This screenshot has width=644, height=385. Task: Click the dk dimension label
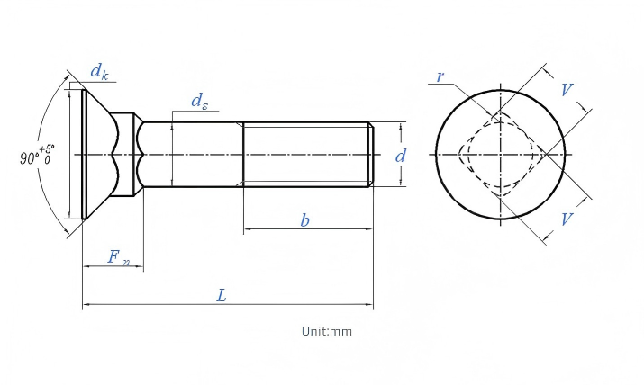coord(99,72)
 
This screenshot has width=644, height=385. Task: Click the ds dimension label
coord(200,101)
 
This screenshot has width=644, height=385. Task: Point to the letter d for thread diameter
coord(401,156)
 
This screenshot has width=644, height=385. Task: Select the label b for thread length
coord(304,220)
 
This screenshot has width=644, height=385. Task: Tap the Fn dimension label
coord(119,257)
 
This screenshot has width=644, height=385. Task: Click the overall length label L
coord(222,295)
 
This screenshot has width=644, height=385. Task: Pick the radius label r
coord(440,76)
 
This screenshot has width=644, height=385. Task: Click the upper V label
coord(567,89)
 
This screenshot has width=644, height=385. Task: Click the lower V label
coord(567,219)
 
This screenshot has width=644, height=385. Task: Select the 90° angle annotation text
coord(29,157)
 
